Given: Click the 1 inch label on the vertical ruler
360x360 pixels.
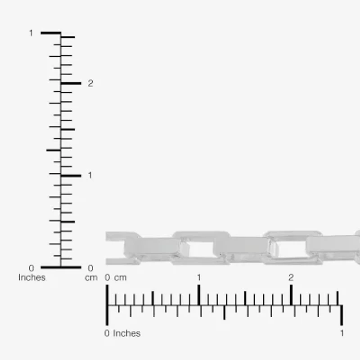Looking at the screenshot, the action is click(x=31, y=33).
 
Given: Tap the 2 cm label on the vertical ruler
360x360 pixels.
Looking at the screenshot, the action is click(x=90, y=83).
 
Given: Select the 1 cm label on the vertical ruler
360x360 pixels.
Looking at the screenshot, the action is click(x=90, y=175).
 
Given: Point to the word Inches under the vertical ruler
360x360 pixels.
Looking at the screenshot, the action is click(x=32, y=278).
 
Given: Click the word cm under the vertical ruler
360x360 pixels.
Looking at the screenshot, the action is click(x=91, y=278).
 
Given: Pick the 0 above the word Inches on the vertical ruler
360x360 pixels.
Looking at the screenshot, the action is click(x=31, y=268).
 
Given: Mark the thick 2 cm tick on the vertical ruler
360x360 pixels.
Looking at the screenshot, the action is click(x=71, y=83).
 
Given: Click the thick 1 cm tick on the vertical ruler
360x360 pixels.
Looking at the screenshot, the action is click(x=71, y=176).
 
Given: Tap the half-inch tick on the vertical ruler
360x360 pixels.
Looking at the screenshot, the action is click(x=54, y=150).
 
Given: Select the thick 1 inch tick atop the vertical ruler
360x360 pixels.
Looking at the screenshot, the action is click(x=51, y=33).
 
